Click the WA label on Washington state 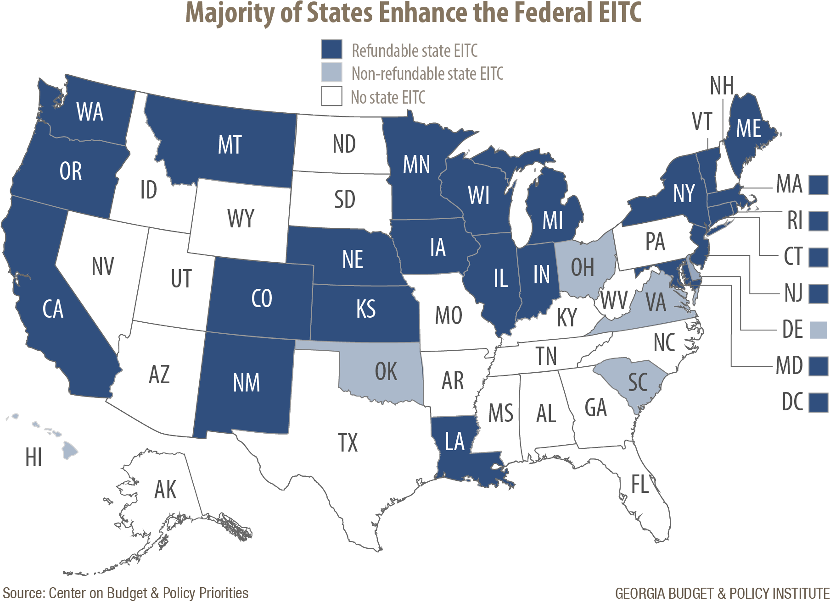[x=90, y=112]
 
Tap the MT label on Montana [x=230, y=145]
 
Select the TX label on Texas [x=348, y=443]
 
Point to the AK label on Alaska [x=165, y=490]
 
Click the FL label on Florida [x=640, y=484]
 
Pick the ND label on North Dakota [x=344, y=144]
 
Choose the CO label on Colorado [x=262, y=298]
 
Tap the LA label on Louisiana [x=454, y=441]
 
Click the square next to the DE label [x=818, y=330]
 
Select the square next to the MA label [x=818, y=185]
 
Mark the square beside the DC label [x=818, y=403]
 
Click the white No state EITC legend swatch [x=331, y=96]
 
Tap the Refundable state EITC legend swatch [x=331, y=50]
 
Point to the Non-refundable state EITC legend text [x=427, y=74]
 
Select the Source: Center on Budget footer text [x=125, y=593]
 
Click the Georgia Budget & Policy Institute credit [x=722, y=593]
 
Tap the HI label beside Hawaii [x=34, y=458]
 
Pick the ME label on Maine [x=749, y=128]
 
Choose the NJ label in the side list [x=793, y=293]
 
